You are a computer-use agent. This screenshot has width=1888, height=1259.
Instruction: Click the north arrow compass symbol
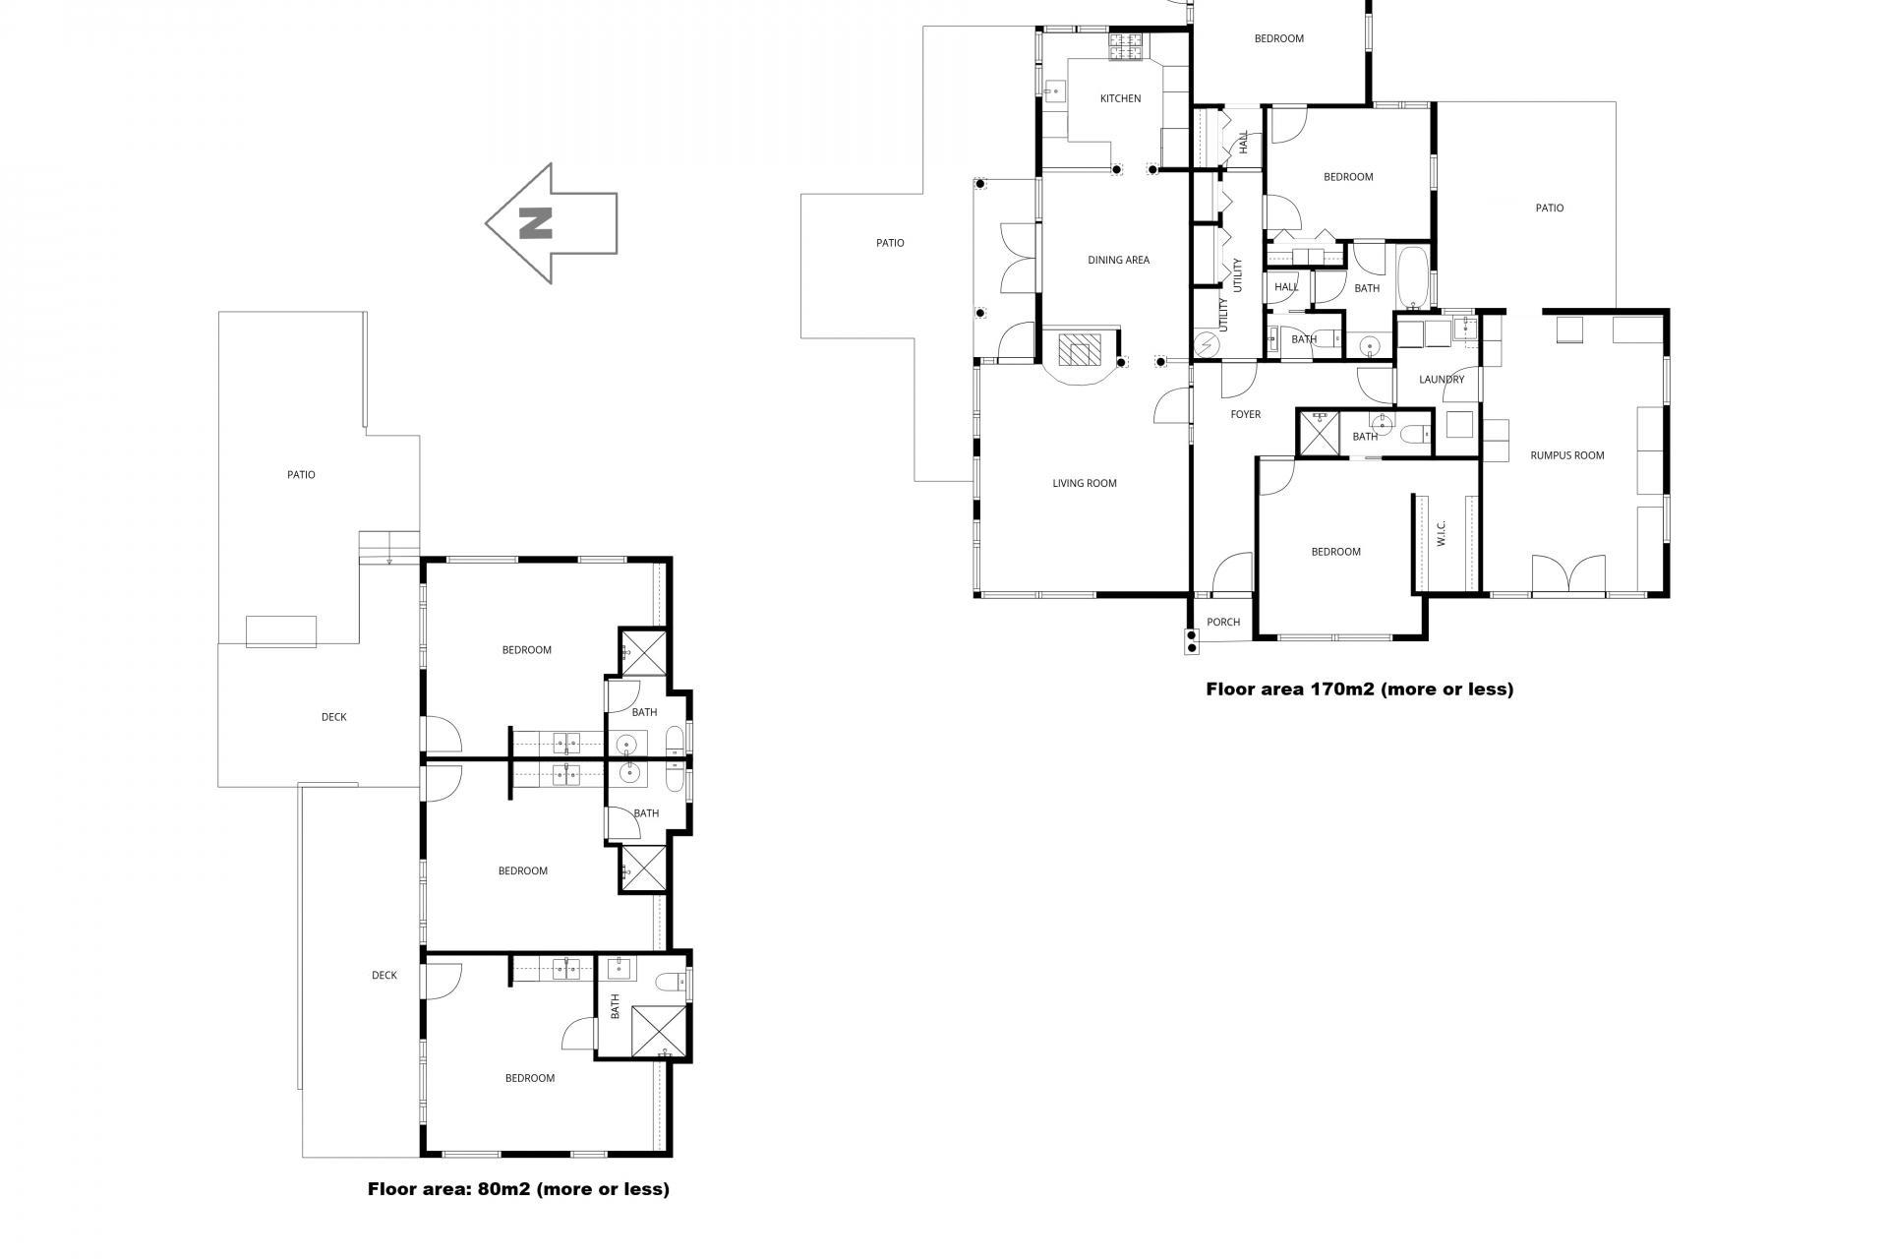(x=551, y=223)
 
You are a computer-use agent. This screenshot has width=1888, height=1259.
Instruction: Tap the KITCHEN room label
(x=1120, y=98)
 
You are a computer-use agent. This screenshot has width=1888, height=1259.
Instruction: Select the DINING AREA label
(x=1118, y=260)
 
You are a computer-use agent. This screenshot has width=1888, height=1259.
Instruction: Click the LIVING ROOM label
(x=1085, y=483)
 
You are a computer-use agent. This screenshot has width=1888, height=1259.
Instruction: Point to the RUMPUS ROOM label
(x=1567, y=455)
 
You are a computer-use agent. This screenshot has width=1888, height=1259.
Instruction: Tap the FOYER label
(x=1245, y=414)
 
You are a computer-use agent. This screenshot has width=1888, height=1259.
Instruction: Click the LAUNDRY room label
(x=1442, y=379)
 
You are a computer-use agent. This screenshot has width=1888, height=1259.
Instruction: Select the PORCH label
(x=1223, y=622)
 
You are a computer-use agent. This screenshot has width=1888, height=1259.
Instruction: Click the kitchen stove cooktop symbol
(x=1128, y=45)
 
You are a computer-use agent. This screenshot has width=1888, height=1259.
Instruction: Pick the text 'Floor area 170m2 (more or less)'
(x=1359, y=689)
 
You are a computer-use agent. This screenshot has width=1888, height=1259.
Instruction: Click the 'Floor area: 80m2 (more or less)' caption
(x=518, y=1189)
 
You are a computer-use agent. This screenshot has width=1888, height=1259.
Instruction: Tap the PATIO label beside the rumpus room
(x=1549, y=208)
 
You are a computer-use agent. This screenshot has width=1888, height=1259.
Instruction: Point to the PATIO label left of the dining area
(x=890, y=242)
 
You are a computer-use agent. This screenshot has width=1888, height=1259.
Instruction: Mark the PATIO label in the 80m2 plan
(x=301, y=474)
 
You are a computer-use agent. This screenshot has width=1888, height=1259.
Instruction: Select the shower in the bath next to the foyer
(x=1319, y=433)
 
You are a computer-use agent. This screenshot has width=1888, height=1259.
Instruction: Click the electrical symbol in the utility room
(x=1206, y=344)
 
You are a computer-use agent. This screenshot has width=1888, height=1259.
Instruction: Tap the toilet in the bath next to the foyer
(x=1417, y=434)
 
